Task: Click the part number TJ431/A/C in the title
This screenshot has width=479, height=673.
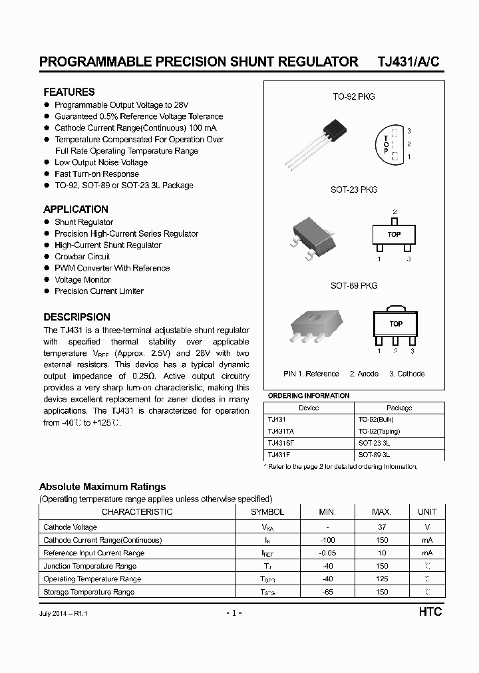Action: coord(408,62)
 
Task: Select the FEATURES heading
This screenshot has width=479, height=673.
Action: coord(69,92)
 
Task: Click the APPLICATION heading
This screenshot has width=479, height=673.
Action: coord(76,209)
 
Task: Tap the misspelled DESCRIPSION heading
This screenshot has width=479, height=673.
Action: coord(77,317)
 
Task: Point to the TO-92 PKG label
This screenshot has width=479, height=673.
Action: coord(354,96)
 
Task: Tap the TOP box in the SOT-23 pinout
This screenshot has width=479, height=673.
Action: coord(394,234)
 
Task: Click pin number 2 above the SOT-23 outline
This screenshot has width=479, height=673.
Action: coord(395,211)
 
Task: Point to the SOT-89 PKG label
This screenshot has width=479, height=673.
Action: coord(354,285)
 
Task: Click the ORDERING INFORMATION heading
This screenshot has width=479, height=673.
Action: coord(308,396)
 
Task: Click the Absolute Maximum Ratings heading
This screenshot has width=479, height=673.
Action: coord(102,487)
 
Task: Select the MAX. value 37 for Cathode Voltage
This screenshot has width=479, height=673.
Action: coord(382,527)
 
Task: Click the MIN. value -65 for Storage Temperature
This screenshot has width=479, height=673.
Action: coord(327,591)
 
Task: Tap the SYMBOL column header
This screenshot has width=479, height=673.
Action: coord(267,511)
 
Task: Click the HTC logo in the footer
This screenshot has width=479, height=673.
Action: coord(430,612)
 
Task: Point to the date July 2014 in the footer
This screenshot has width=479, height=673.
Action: coord(55,613)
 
